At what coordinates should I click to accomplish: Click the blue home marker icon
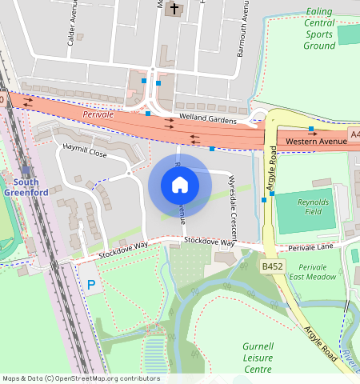pos(180,186)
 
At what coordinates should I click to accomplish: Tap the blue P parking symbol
pos(91,284)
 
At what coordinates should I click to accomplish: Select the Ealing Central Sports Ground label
pos(319,29)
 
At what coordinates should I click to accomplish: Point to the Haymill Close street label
pos(85,151)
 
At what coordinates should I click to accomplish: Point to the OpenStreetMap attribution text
pos(81,378)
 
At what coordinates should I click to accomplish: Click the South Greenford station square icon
pos(26,170)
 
